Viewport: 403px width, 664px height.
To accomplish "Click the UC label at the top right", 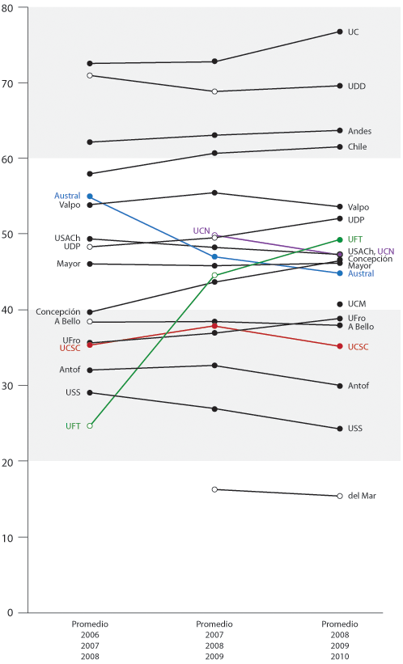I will [x=353, y=32].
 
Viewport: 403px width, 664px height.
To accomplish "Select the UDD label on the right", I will [x=356, y=86].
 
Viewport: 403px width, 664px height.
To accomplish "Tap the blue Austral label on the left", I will [x=67, y=196].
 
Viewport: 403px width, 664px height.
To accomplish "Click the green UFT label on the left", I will [x=73, y=425].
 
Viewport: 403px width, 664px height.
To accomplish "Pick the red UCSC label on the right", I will [x=359, y=346].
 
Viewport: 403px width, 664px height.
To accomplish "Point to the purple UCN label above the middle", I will [x=201, y=230].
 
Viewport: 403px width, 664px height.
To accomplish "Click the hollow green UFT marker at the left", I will [x=90, y=425].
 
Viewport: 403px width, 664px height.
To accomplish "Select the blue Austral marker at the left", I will [x=90, y=197].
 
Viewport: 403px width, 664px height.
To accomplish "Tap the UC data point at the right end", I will [x=339, y=32].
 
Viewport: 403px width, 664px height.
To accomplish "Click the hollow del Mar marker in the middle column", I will [x=214, y=489].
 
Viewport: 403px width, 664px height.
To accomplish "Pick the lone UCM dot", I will [x=339, y=304].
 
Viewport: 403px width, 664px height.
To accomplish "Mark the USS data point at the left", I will [x=90, y=392].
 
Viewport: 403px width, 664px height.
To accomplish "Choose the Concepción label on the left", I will [x=57, y=311].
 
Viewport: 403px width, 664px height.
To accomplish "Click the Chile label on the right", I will [x=357, y=146].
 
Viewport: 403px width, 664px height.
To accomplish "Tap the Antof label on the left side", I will [x=69, y=370].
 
